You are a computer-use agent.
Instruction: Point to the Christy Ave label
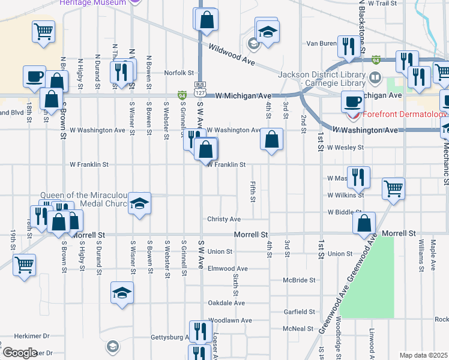224,220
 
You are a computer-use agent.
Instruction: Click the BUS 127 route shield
200,89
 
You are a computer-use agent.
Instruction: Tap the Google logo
19,353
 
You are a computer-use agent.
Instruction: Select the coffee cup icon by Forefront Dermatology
352,101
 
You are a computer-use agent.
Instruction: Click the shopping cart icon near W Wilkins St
393,188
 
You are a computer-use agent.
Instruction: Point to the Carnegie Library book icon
375,77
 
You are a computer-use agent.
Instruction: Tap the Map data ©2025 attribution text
423,355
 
